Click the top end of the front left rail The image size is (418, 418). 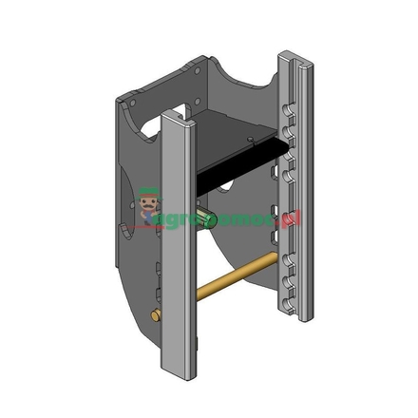click(177, 116)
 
